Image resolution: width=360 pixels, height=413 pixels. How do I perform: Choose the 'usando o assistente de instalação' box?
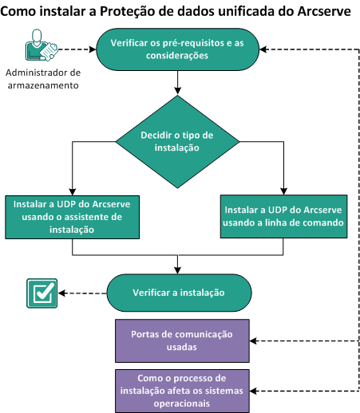73,215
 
